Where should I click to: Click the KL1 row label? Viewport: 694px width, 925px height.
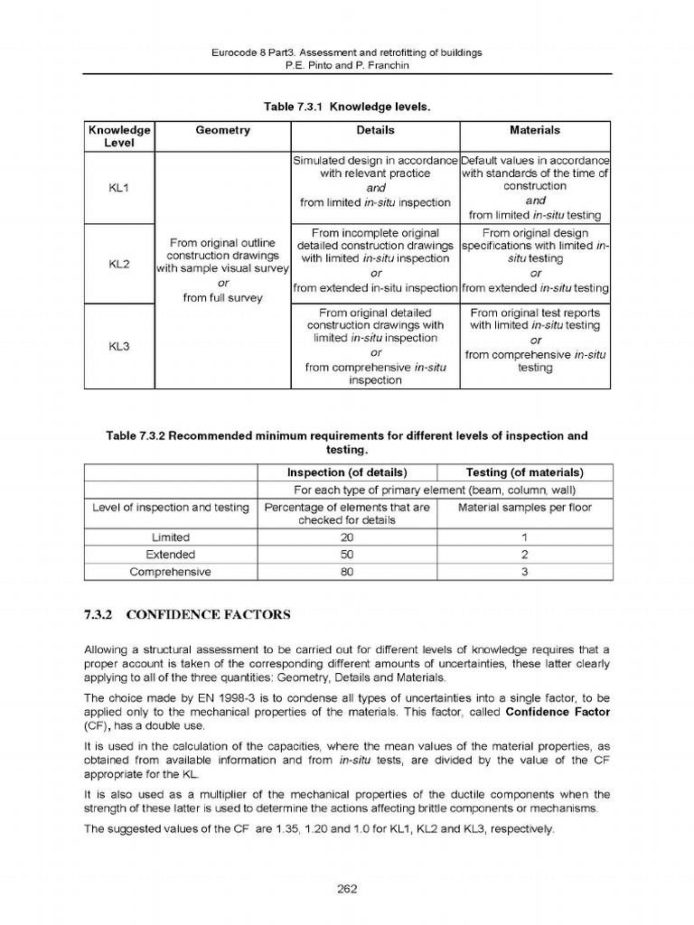119,188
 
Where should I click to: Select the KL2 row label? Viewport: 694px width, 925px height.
119,264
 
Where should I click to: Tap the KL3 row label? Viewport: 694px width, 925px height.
119,346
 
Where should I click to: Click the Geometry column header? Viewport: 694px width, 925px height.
222,131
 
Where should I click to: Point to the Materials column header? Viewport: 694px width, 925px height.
535,131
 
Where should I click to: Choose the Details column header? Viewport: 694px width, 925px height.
375,131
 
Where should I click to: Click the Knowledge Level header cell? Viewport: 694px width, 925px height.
119,136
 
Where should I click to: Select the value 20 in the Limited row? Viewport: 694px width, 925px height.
346,537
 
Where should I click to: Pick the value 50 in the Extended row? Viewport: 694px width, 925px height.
346,555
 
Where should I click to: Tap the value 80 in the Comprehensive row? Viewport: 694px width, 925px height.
346,572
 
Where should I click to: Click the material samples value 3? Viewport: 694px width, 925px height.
524,572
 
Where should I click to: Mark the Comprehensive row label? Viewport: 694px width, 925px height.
170,572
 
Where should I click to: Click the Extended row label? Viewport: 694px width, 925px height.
170,555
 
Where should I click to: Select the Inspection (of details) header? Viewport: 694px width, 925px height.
346,472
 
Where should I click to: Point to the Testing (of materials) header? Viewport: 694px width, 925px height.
524,472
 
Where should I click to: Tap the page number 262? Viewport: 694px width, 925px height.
347,889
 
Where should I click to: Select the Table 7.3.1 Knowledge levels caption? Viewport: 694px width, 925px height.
347,107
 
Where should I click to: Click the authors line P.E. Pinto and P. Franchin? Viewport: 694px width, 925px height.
347,65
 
